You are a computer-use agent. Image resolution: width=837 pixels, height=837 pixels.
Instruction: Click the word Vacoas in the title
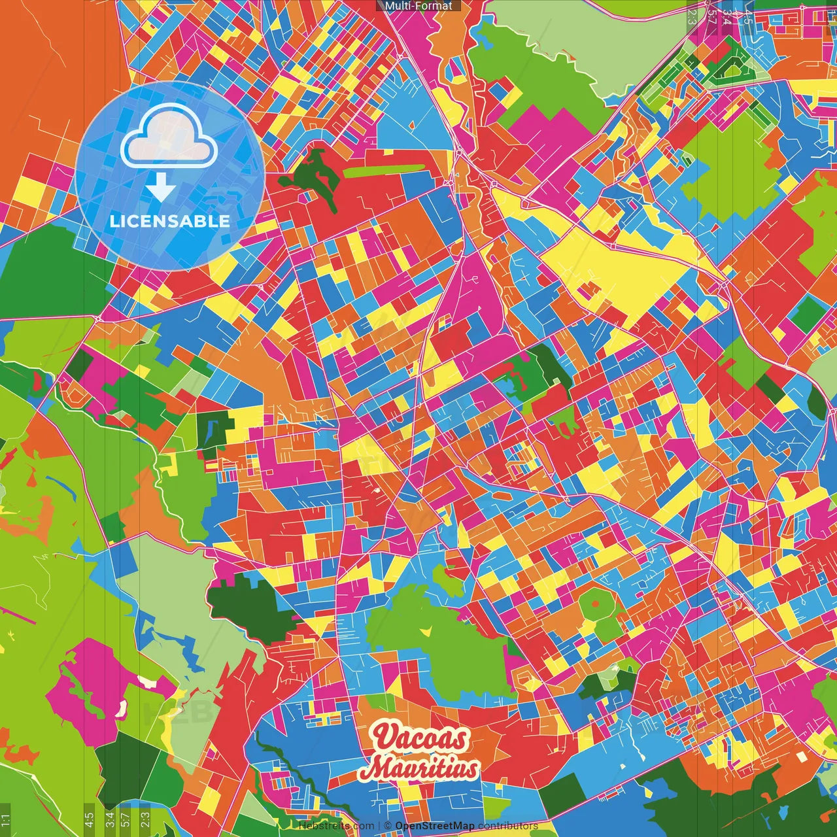coord(420,738)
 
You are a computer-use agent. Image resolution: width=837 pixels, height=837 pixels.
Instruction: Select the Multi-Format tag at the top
coord(418,6)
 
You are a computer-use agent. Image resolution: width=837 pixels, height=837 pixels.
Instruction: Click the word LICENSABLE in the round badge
coord(170,221)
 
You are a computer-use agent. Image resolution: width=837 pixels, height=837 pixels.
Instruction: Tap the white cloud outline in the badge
coord(169,137)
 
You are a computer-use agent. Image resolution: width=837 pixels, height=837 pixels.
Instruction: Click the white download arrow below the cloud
coord(161,188)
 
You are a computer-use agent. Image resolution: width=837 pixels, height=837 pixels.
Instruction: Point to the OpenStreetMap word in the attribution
coord(435,826)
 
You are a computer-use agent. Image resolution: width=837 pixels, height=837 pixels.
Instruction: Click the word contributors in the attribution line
coord(508,826)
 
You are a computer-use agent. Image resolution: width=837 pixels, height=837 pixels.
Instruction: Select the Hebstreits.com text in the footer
coord(336,826)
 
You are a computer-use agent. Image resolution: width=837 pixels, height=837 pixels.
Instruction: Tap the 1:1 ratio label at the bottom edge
coord(6,819)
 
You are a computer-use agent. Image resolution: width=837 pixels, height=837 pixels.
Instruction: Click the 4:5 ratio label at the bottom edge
coord(89,818)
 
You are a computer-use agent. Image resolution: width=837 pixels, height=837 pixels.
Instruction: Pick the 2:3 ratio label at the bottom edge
coord(145,818)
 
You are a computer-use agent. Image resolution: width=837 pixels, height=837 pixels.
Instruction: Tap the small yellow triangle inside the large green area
coord(426,630)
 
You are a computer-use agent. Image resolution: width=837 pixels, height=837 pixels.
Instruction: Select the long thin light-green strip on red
coord(383,171)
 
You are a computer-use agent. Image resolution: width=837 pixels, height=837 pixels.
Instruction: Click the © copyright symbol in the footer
coord(387,826)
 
